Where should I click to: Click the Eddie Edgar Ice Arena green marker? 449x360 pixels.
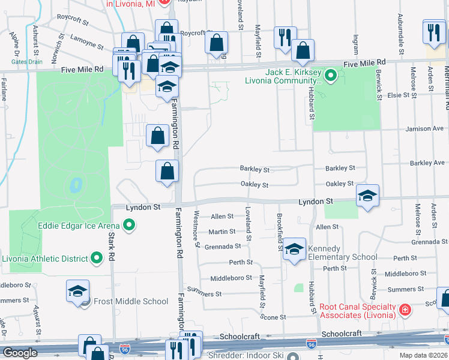click(128, 226)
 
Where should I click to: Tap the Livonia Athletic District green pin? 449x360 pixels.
click(97, 259)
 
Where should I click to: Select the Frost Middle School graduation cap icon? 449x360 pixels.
click(77, 291)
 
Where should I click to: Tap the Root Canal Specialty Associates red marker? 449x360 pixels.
click(406, 310)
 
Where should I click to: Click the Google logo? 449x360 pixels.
click(19, 353)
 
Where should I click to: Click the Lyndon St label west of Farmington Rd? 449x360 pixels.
click(143, 207)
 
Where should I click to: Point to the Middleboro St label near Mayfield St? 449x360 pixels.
click(231, 278)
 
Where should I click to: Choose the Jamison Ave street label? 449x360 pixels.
click(426, 128)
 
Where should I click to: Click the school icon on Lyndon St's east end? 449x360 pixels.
click(367, 196)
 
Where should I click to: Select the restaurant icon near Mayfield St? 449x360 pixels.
click(285, 37)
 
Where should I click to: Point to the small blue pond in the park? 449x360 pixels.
click(76, 185)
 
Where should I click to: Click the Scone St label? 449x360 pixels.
click(276, 316)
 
